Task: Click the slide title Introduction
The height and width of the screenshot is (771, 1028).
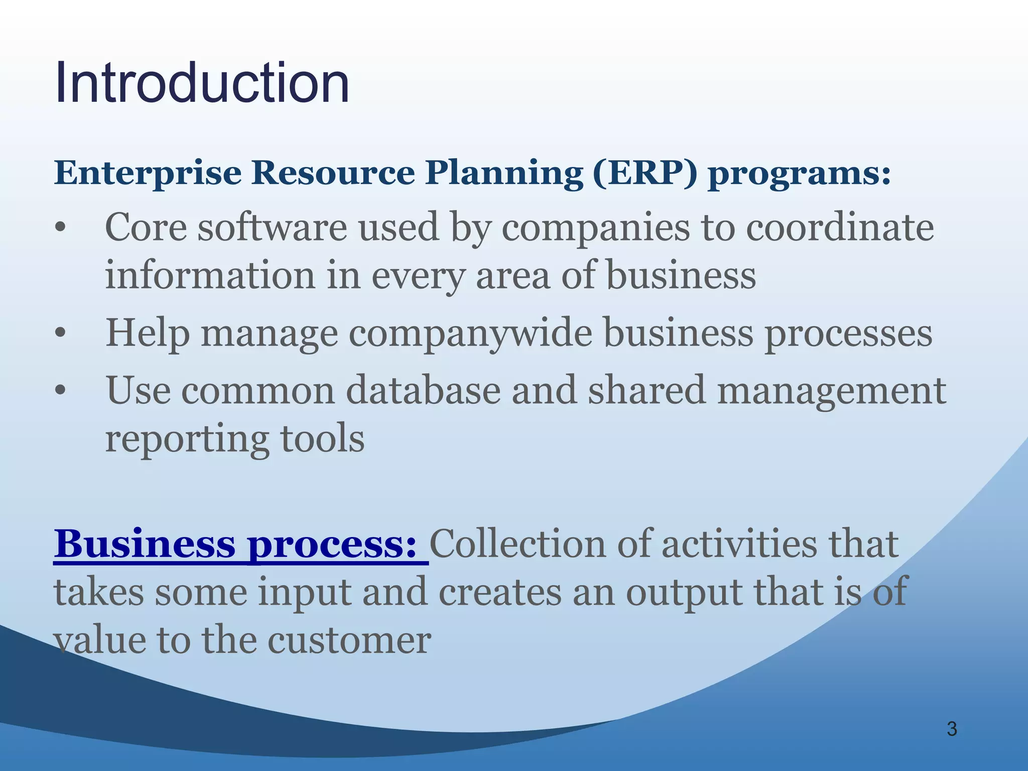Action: [x=202, y=83]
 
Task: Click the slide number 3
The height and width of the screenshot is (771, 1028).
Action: [x=952, y=729]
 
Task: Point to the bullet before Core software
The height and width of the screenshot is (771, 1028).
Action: [x=60, y=229]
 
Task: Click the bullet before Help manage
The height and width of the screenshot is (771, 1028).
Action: [x=60, y=334]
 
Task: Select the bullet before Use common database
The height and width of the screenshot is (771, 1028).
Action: [x=60, y=391]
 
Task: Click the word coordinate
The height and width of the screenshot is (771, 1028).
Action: [x=840, y=228]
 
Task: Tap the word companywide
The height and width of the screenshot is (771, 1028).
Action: [x=470, y=334]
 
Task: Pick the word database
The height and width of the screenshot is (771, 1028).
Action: [x=423, y=391]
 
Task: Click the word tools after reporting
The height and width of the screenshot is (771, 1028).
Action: [x=322, y=439]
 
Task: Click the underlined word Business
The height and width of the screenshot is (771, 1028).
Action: [x=145, y=545]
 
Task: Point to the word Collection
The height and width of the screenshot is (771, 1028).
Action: [x=518, y=545]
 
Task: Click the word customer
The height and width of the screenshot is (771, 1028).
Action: [x=349, y=641]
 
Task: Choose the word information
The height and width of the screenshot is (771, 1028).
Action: [x=210, y=276]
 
